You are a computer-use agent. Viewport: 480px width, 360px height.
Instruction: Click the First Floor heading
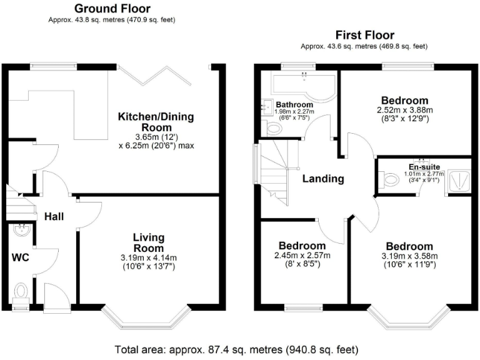point(364,35)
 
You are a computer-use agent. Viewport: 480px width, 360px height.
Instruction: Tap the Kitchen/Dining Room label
point(156,122)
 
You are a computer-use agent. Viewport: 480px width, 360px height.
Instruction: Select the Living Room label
point(148,243)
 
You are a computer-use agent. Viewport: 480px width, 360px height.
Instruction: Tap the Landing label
point(323,179)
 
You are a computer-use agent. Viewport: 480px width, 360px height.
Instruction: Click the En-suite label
point(424,167)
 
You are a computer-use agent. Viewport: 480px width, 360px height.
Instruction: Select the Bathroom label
point(294,104)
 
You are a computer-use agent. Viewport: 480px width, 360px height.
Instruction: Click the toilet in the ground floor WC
point(21,292)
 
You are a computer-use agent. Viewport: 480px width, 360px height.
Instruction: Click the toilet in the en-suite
point(389,180)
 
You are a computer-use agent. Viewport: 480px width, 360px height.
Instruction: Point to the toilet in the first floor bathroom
point(273,129)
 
